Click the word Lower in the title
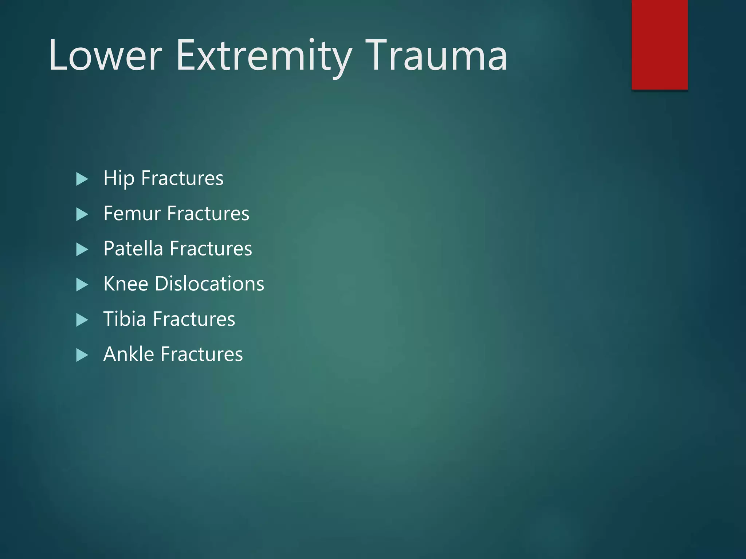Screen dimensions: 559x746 105,56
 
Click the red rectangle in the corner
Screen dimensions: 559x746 659,44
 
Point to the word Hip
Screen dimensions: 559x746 119,179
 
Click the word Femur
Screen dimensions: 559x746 132,214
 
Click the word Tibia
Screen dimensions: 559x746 125,319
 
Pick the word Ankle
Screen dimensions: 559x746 129,354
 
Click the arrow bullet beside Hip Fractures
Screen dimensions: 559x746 82,179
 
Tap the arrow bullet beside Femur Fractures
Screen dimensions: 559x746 82,214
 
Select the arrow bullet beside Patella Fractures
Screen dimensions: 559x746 82,250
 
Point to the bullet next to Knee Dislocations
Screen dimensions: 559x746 82,285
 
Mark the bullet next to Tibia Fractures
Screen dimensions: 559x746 82,320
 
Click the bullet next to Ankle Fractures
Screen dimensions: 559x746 82,355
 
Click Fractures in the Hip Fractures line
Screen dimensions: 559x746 182,179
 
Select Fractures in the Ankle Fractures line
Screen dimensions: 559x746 201,354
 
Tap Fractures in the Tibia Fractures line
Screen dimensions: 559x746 194,319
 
